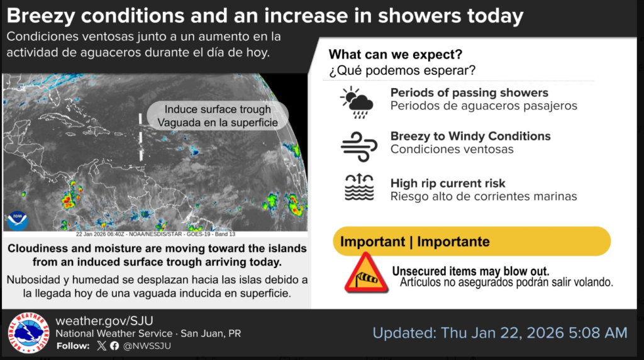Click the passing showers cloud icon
point(357,103)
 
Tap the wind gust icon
point(358,145)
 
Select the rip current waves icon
point(359,188)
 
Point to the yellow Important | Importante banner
point(472,242)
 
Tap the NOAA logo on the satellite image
point(16,220)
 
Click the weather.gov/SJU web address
point(104,320)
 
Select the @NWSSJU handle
point(147,346)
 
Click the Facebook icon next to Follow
point(114,346)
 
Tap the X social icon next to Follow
point(102,346)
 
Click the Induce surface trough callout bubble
point(218,116)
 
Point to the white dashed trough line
point(140,135)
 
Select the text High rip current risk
point(448,183)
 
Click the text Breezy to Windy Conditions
point(470,136)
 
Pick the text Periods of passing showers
point(469,93)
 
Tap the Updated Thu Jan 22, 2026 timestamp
point(500,332)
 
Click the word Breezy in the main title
point(42,16)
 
